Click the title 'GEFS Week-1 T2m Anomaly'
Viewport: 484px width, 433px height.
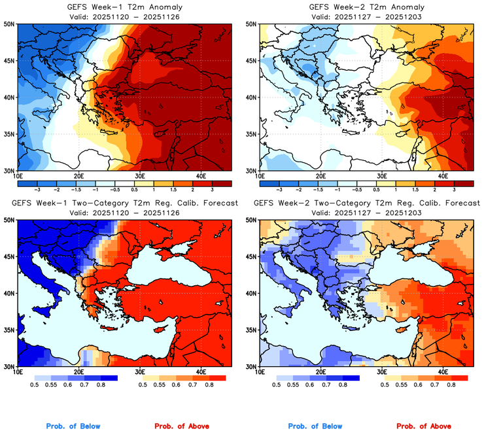click(125, 7)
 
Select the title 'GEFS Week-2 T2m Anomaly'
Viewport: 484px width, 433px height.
click(366, 7)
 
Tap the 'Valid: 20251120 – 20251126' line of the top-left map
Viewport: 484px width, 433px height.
click(125, 16)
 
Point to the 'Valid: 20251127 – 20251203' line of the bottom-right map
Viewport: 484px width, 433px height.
click(366, 213)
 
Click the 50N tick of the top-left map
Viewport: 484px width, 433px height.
click(10, 24)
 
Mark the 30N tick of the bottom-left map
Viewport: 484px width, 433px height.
click(10, 366)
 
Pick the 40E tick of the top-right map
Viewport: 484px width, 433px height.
click(443, 176)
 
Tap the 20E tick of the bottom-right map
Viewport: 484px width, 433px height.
click(320, 372)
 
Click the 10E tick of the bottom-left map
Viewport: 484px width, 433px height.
click(18, 372)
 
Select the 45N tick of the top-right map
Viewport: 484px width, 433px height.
click(251, 61)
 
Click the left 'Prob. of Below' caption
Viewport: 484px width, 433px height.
click(73, 426)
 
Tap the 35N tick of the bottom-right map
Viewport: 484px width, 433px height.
click(251, 330)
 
